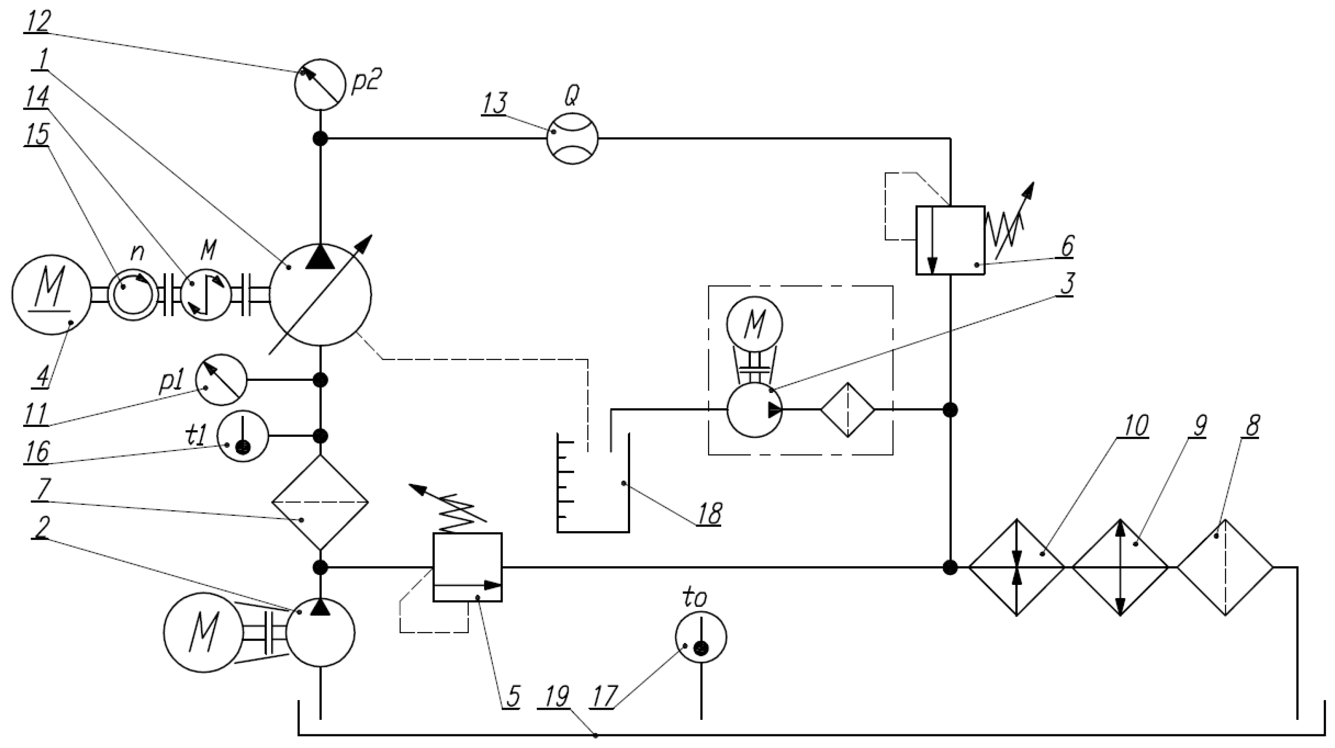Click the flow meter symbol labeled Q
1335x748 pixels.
coord(572,138)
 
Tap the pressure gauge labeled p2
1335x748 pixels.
coord(320,84)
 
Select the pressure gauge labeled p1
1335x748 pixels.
coord(221,380)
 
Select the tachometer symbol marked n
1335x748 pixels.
coord(133,294)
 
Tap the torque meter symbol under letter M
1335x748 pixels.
coord(206,294)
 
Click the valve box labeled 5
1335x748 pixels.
coord(467,567)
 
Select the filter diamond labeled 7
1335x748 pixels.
coord(320,502)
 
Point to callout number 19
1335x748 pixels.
coord(557,697)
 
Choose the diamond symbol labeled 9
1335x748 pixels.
coord(1120,567)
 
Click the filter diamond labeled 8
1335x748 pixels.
coord(1225,567)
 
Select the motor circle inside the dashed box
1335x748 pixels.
coord(754,324)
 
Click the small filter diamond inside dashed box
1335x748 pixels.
coord(847,410)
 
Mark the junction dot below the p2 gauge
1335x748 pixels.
coord(320,138)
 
